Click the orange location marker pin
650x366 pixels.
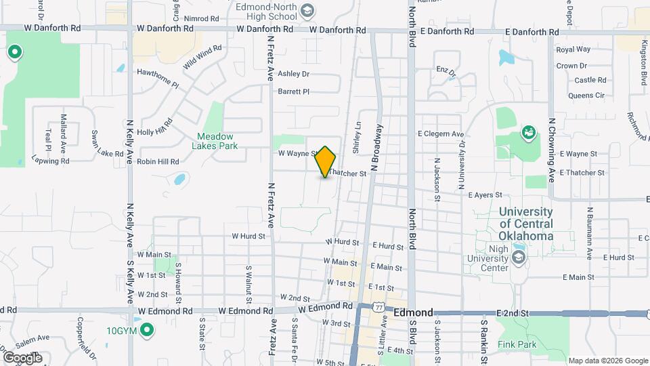326,161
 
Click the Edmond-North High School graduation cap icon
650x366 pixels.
308,10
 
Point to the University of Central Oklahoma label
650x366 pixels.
526,224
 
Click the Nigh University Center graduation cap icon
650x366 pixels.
519,258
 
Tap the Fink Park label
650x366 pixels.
517,345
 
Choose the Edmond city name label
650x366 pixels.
413,312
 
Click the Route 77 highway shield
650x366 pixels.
379,307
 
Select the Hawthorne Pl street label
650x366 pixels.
157,77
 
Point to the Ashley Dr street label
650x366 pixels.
293,74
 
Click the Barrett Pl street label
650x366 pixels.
293,91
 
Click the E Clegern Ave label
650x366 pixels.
441,134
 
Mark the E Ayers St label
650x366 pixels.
484,195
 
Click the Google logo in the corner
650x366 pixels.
22,357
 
